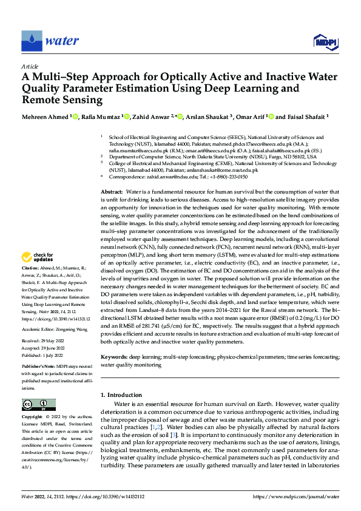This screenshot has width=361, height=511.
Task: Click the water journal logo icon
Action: click(31, 41)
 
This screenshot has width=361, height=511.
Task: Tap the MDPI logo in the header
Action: click(325, 41)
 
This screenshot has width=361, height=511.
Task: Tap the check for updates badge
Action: click(38, 274)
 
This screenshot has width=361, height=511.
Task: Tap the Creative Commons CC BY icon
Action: click(39, 405)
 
